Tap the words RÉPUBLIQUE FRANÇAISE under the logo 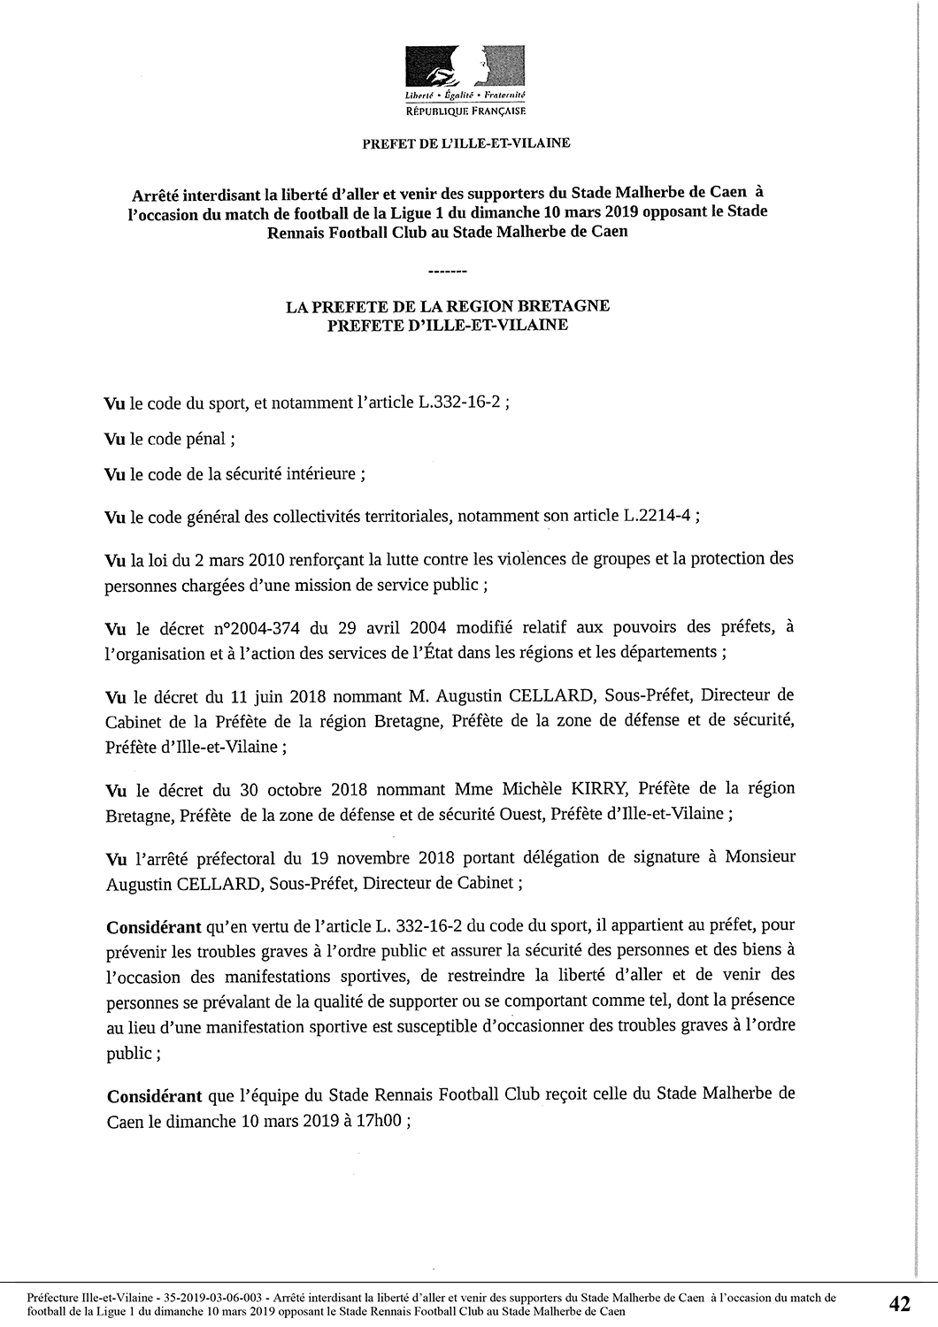point(465,113)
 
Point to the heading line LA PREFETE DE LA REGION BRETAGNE point(448,306)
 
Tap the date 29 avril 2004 point(378,628)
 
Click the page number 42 point(900,1303)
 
